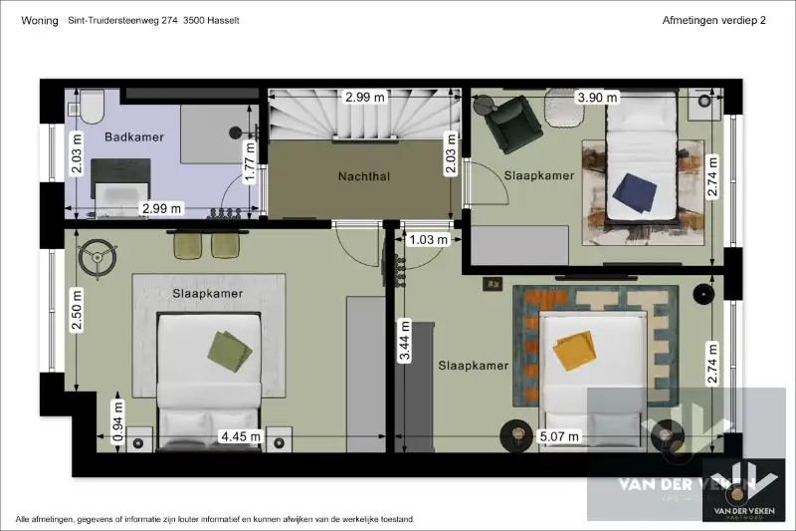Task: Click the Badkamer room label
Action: click(x=134, y=136)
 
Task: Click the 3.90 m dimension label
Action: click(x=597, y=98)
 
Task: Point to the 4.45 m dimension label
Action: click(x=241, y=436)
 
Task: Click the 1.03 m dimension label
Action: click(x=429, y=239)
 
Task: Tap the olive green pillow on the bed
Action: click(x=231, y=346)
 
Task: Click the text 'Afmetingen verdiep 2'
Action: click(x=714, y=20)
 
